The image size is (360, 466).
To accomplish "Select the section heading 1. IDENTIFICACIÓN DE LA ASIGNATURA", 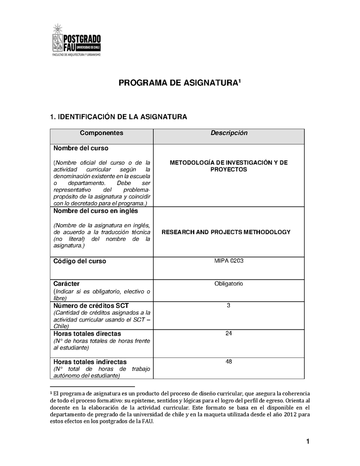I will click(x=118, y=117).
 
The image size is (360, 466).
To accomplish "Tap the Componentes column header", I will click(x=101, y=133).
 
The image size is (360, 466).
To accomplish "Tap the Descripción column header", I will click(x=229, y=133).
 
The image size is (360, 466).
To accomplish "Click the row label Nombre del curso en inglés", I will click(x=96, y=211).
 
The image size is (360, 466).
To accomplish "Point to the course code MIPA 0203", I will click(x=229, y=261).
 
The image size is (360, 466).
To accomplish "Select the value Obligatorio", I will click(x=229, y=284).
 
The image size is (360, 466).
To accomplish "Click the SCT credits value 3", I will click(x=229, y=306).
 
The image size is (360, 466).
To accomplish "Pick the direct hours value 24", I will click(x=229, y=333).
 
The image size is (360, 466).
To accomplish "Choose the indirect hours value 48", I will click(x=229, y=361).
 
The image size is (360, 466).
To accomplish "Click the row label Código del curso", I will click(x=80, y=261).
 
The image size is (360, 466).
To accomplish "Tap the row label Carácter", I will click(x=67, y=284).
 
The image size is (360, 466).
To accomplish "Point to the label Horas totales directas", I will click(x=87, y=334).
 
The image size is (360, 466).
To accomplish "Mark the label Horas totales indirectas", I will click(x=90, y=362).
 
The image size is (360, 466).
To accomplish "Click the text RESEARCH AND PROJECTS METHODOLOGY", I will click(x=226, y=232).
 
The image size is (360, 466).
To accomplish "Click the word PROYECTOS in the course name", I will click(x=229, y=169).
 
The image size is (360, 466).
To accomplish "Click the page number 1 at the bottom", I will click(x=308, y=442).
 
